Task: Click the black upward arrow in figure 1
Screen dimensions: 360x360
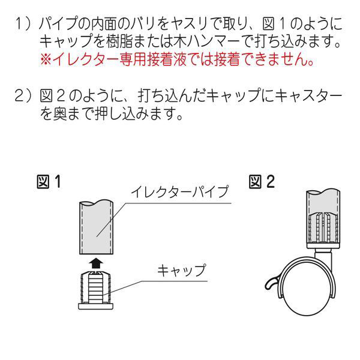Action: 96,263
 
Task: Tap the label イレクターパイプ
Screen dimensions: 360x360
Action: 180,192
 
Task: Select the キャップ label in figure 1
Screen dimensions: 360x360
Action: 181,271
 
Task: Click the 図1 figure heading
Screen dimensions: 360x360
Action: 49,182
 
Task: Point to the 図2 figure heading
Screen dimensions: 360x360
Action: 262,182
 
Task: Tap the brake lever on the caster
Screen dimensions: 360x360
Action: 271,284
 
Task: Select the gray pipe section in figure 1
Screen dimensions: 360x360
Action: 96,227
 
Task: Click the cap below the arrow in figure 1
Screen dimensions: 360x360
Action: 96,290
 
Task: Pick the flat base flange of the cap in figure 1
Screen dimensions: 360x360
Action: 96,306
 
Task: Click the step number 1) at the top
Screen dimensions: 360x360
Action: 23,23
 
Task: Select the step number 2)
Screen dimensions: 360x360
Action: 23,96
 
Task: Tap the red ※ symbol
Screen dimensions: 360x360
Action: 46,59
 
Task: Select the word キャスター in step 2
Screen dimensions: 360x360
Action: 310,96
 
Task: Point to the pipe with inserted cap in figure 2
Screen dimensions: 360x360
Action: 323,219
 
